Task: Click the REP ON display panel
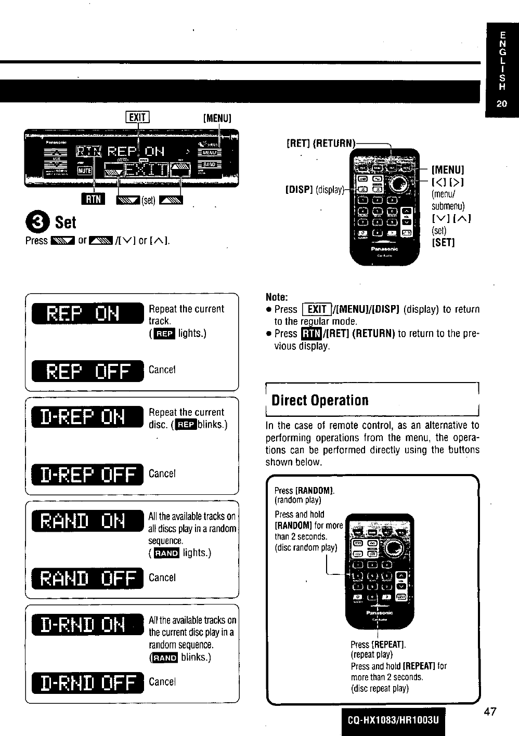(87, 313)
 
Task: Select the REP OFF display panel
(87, 371)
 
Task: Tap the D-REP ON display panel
(87, 418)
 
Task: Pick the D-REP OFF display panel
(87, 474)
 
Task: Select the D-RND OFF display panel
(87, 682)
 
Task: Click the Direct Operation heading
(320, 400)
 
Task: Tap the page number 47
(489, 712)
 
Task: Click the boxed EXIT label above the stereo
(137, 117)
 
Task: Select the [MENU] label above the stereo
(216, 118)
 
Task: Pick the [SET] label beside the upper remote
(443, 243)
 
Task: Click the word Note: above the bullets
(277, 297)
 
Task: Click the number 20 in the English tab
(501, 103)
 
